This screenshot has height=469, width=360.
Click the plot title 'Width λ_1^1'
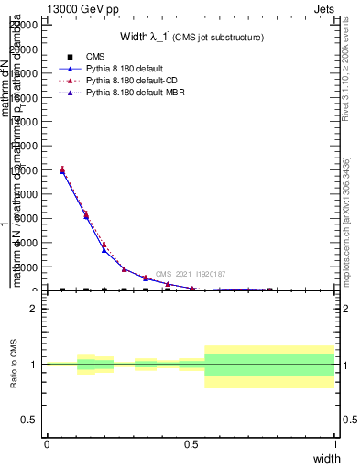[191, 38]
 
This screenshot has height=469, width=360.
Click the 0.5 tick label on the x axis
[191, 443]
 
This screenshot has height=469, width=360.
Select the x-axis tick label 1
[334, 443]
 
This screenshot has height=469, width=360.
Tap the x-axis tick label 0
[47, 443]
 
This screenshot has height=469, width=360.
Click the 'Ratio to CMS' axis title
[14, 364]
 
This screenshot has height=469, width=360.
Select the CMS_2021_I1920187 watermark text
[191, 274]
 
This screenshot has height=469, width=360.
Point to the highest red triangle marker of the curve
[62, 169]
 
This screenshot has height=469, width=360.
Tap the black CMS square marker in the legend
[71, 57]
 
